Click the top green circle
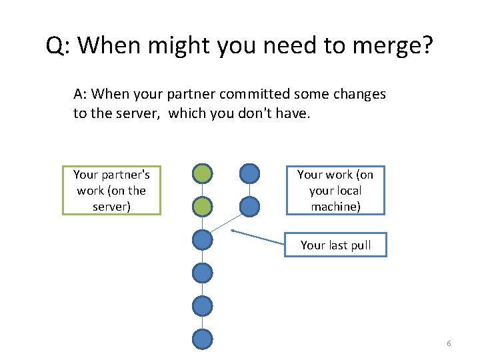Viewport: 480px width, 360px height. pyautogui.click(x=202, y=174)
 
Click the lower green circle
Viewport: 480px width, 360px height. pyautogui.click(x=202, y=207)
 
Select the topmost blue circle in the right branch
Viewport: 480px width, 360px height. pyautogui.click(x=249, y=174)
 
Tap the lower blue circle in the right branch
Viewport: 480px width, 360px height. pyautogui.click(x=249, y=207)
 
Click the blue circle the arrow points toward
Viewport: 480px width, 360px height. pyautogui.click(x=202, y=240)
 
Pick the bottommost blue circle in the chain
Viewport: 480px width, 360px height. pyautogui.click(x=202, y=339)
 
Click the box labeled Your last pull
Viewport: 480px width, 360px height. pyautogui.click(x=335, y=245)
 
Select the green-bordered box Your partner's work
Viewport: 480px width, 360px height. pyautogui.click(x=111, y=190)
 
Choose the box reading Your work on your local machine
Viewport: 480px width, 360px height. pyautogui.click(x=335, y=190)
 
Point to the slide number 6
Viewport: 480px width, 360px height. pyautogui.click(x=449, y=343)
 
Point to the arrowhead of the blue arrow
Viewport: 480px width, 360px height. pyautogui.click(x=233, y=231)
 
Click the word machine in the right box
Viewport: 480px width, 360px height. pyautogui.click(x=335, y=207)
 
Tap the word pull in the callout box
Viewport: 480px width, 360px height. pyautogui.click(x=359, y=245)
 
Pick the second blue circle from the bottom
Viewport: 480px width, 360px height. pyautogui.click(x=202, y=306)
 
